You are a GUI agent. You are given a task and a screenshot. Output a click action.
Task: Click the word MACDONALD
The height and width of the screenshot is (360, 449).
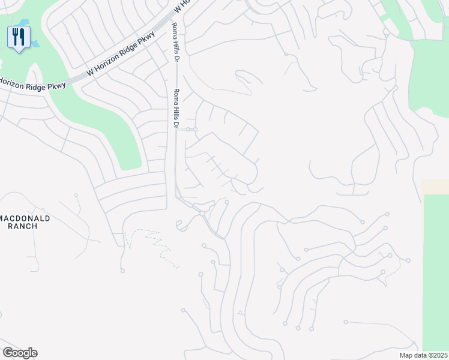click(x=26, y=218)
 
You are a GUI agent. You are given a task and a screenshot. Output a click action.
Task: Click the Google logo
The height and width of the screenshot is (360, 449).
click(x=20, y=353)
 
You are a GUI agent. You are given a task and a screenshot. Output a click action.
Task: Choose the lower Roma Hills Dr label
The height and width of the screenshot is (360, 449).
click(x=176, y=109)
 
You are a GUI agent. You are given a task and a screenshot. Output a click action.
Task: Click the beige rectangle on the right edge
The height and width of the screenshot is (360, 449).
click(x=435, y=186)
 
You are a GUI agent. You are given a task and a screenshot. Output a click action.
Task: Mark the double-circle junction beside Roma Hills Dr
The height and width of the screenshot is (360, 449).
click(x=191, y=129)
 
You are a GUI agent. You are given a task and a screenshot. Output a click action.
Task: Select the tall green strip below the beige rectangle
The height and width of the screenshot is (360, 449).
click(x=436, y=270)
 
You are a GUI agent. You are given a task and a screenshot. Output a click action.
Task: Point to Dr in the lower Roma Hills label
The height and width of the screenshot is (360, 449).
click(x=176, y=125)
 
